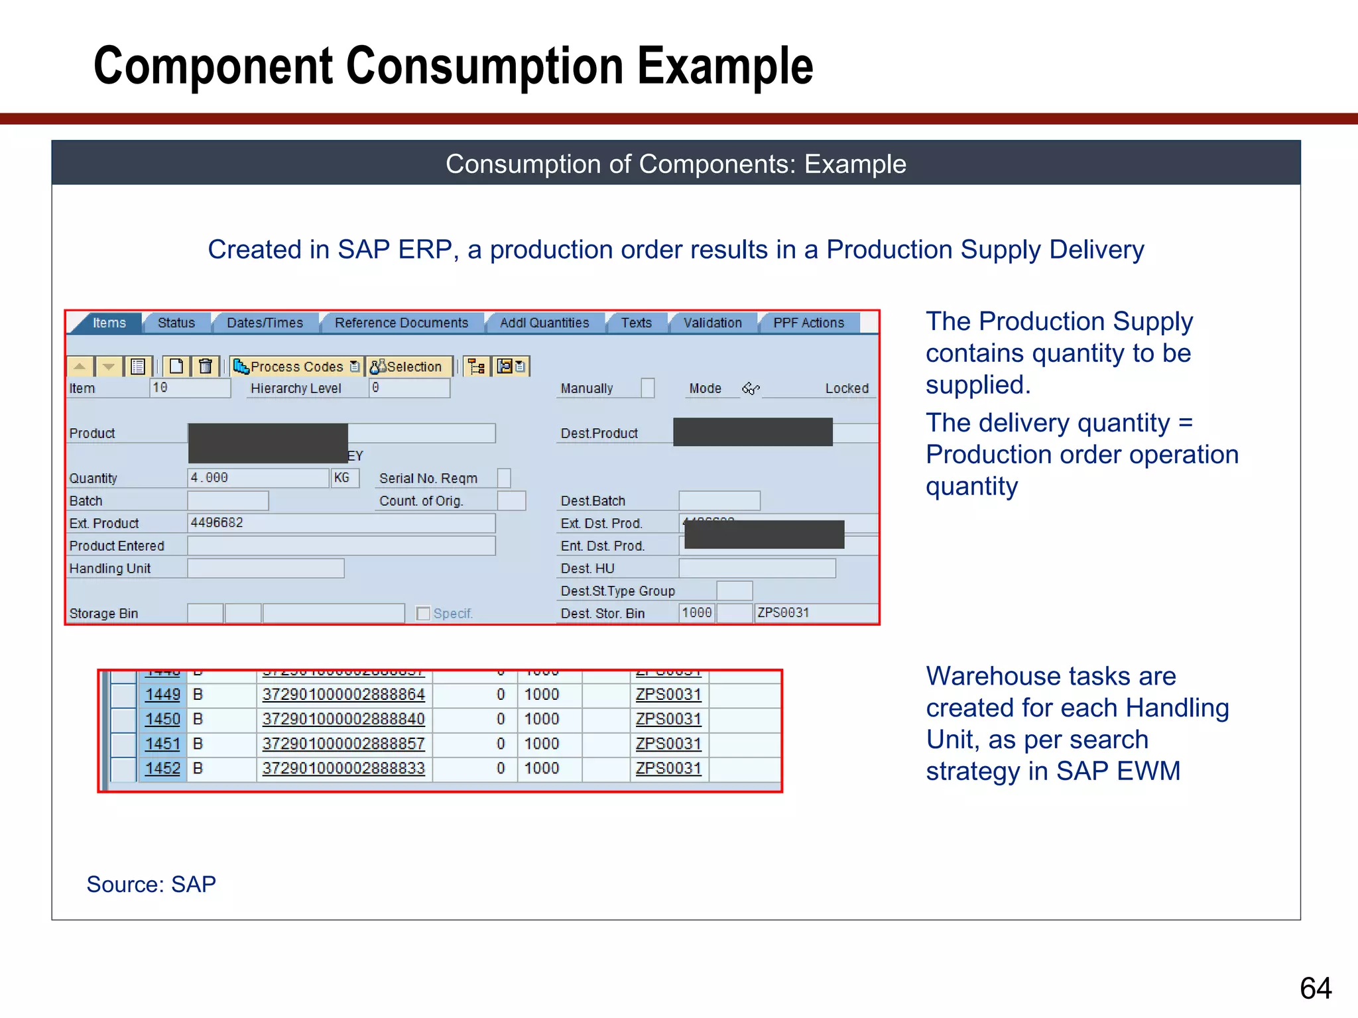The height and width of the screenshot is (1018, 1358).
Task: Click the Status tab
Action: pyautogui.click(x=176, y=323)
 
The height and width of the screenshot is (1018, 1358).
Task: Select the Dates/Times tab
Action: pyautogui.click(x=265, y=323)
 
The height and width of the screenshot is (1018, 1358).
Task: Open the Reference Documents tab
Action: pyautogui.click(x=401, y=323)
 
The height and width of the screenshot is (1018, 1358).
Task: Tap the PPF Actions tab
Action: pyautogui.click(x=808, y=323)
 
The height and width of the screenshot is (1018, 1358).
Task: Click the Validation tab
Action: pyautogui.click(x=712, y=323)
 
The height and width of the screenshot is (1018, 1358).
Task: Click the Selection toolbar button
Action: pyautogui.click(x=407, y=367)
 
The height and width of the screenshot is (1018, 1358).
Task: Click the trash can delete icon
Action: pyautogui.click(x=206, y=366)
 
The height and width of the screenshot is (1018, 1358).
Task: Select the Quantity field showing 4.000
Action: pyautogui.click(x=257, y=478)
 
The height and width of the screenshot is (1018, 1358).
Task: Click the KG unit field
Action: pyautogui.click(x=344, y=478)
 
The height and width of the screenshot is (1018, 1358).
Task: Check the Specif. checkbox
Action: pyautogui.click(x=423, y=614)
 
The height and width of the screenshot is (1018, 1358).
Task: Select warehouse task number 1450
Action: pyautogui.click(x=162, y=719)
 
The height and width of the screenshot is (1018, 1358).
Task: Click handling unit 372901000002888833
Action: pyautogui.click(x=343, y=769)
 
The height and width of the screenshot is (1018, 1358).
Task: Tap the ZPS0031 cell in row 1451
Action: pyautogui.click(x=668, y=744)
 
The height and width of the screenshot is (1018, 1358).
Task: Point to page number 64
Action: pyautogui.click(x=1316, y=988)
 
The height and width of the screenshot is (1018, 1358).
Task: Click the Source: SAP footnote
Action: pyautogui.click(x=151, y=884)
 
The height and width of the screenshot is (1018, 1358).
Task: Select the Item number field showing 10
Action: pyautogui.click(x=190, y=388)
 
